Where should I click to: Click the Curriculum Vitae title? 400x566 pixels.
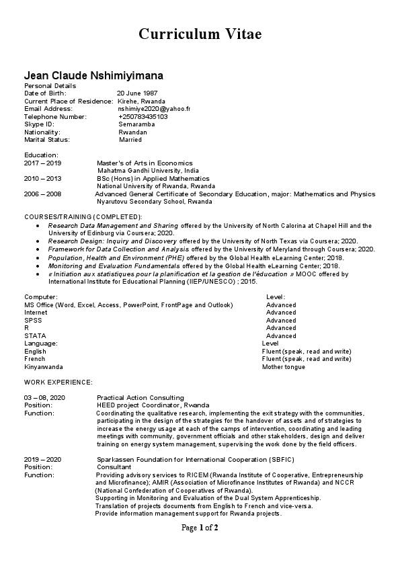pos(200,34)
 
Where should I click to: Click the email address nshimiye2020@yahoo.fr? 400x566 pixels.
pos(154,109)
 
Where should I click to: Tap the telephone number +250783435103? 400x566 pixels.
pos(143,117)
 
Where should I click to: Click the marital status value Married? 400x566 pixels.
pos(130,140)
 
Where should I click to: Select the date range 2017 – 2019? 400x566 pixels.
pos(42,163)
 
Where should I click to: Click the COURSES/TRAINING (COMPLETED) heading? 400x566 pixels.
pos(83,216)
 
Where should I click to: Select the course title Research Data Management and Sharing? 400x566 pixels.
pos(113,226)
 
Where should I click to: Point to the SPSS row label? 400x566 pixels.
pos(33,320)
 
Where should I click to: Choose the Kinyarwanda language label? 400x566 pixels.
pos(44,367)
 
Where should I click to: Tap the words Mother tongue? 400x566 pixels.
pos(283,367)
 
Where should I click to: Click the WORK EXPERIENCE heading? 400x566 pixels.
pos(58,382)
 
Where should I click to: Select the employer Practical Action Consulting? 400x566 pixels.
pos(140,398)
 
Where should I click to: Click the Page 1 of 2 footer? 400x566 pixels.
pos(200,528)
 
